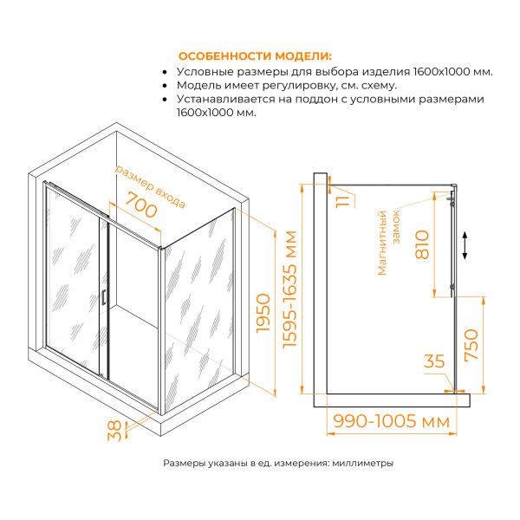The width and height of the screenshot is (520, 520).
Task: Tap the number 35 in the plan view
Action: click(435, 361)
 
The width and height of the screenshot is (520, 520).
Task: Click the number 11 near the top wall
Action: click(343, 201)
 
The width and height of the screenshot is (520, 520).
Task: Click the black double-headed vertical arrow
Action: click(466, 245)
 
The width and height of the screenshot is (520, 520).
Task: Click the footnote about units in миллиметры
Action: click(278, 463)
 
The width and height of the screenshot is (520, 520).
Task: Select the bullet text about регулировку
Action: click(287, 86)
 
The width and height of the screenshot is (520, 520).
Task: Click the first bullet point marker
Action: click(165, 71)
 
